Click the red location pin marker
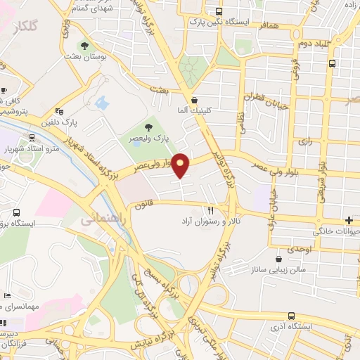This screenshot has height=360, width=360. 181,165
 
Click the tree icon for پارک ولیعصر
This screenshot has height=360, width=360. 148,127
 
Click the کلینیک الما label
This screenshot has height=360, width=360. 194,111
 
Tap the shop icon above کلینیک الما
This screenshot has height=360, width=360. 194,100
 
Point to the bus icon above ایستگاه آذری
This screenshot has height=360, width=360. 292,316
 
